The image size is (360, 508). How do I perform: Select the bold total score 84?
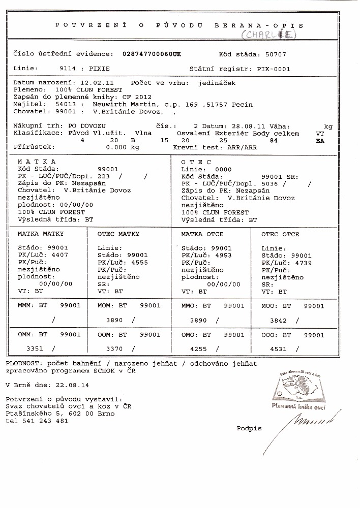tap(275, 140)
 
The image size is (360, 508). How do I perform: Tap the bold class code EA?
tap(320, 141)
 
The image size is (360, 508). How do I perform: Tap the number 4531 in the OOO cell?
tap(278, 349)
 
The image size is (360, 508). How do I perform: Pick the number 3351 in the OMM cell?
tap(36, 349)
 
